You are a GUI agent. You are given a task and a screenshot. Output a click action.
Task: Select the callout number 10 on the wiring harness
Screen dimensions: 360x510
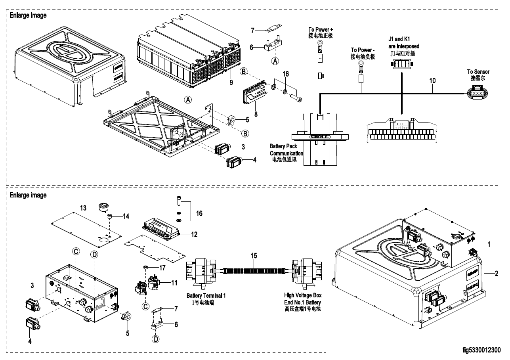(432, 80)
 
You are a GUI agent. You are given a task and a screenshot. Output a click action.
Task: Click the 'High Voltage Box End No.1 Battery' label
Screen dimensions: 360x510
(303, 302)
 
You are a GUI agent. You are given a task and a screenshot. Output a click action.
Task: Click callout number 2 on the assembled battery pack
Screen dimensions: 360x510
(496, 274)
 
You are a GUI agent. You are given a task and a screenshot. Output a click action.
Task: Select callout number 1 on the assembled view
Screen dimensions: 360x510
(489, 245)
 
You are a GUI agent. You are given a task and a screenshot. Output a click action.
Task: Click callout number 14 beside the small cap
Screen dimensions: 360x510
(126, 216)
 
